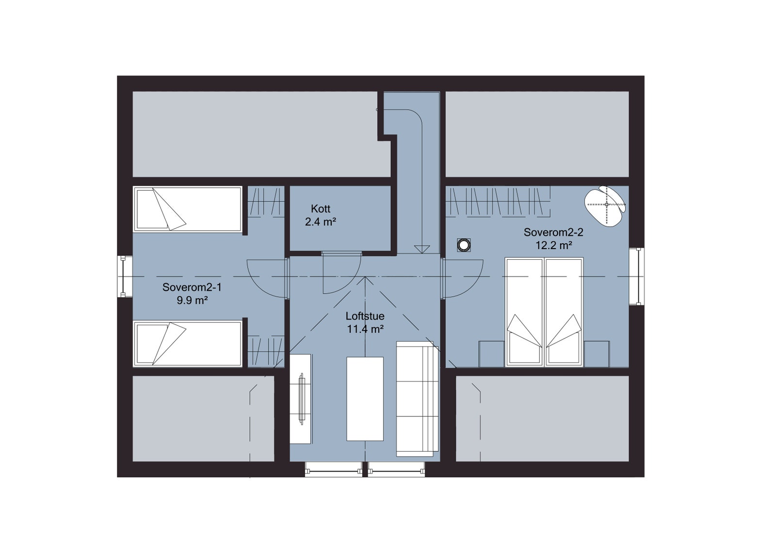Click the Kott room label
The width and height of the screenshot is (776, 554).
(x=321, y=209)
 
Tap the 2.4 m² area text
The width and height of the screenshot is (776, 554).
(x=321, y=222)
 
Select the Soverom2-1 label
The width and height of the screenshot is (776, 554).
(x=192, y=287)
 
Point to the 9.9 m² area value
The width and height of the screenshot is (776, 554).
(x=192, y=301)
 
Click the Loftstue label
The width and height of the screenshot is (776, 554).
(x=365, y=316)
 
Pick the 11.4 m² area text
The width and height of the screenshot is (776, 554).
(x=365, y=329)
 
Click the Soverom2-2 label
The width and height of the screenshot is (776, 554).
(x=553, y=232)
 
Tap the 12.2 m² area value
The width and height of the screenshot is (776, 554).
(x=553, y=245)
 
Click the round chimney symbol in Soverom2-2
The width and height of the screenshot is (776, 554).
(x=464, y=245)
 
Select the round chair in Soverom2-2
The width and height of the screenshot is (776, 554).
(x=605, y=205)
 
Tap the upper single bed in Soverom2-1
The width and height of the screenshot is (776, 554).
(x=187, y=209)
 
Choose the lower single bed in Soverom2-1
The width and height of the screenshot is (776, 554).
(x=187, y=344)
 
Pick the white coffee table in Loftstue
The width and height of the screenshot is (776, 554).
(x=365, y=398)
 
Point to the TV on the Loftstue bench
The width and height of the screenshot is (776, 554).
(x=301, y=398)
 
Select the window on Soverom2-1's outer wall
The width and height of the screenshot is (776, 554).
(x=125, y=276)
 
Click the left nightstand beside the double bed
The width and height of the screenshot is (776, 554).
(x=491, y=354)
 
